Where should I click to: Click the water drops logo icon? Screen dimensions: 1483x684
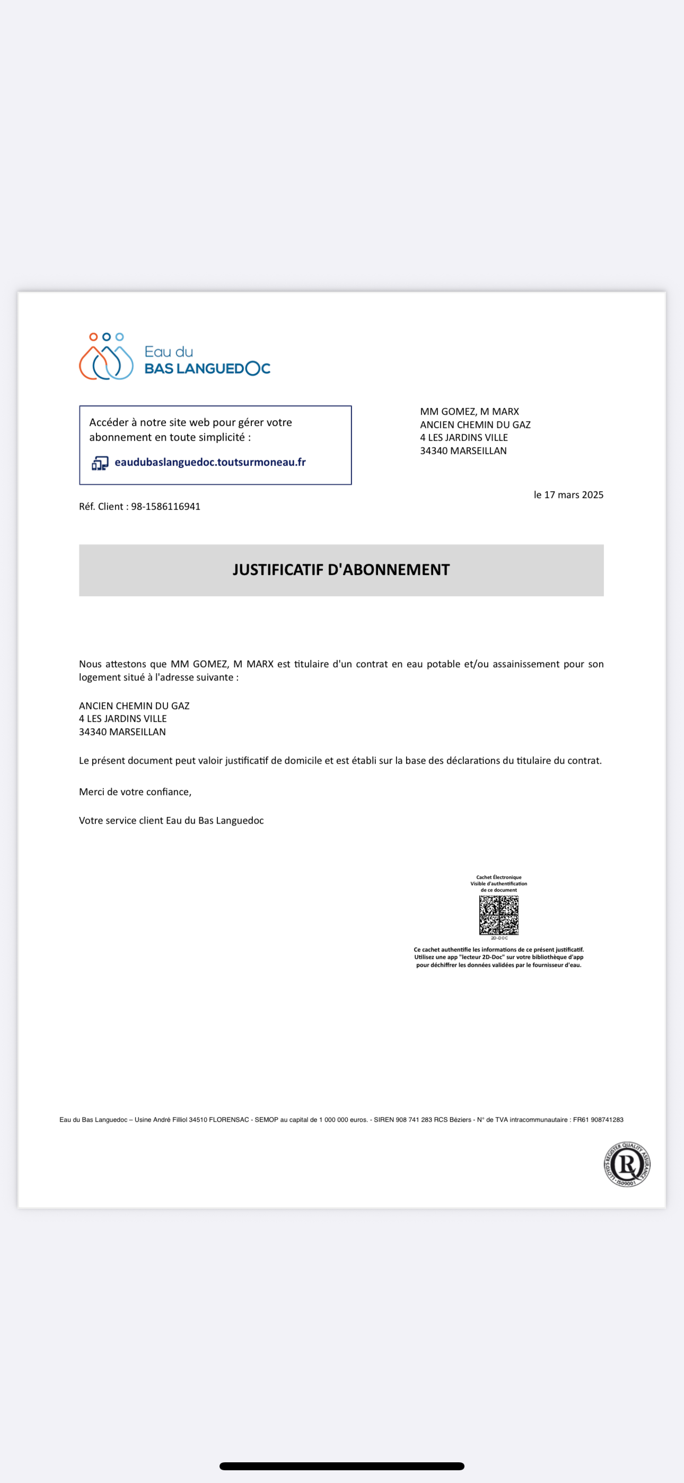click(106, 357)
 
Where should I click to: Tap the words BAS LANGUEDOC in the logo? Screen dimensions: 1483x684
click(207, 369)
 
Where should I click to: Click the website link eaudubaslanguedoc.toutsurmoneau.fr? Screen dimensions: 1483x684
click(210, 463)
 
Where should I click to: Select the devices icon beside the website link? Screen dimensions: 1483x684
click(100, 463)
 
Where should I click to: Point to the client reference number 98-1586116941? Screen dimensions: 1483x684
click(166, 507)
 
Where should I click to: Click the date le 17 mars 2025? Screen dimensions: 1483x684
click(568, 495)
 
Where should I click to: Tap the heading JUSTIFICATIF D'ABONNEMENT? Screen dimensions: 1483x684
click(341, 570)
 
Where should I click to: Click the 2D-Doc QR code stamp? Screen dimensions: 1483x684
click(498, 915)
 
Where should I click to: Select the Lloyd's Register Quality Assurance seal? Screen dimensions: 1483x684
click(626, 1164)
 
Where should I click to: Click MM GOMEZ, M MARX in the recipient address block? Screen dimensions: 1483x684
click(469, 412)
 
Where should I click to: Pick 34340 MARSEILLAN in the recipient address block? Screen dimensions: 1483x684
click(463, 451)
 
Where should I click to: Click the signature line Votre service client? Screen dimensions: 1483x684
click(171, 821)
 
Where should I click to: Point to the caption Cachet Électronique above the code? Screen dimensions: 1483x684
click(498, 877)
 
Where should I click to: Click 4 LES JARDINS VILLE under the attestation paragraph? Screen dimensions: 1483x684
click(122, 719)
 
